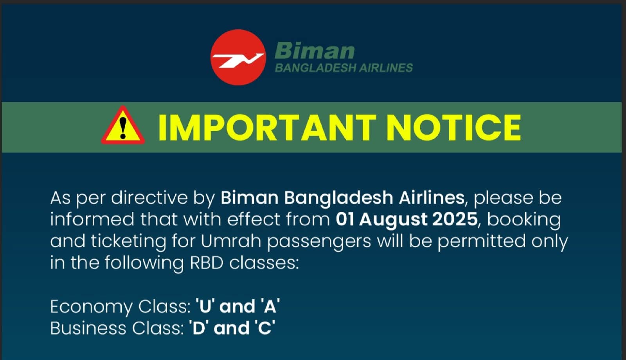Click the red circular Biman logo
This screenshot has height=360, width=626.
click(x=238, y=57)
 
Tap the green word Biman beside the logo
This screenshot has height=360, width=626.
click(x=315, y=50)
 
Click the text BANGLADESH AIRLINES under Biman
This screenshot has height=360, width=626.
click(x=344, y=68)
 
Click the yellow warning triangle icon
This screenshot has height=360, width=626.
click(x=123, y=126)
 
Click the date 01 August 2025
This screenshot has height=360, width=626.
click(x=407, y=220)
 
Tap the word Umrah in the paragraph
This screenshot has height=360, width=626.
click(x=231, y=241)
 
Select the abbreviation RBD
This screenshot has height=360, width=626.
click(x=207, y=263)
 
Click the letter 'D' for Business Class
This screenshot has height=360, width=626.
click(x=198, y=328)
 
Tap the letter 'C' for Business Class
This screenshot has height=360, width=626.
click(x=264, y=328)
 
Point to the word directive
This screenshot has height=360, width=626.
click(x=149, y=198)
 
